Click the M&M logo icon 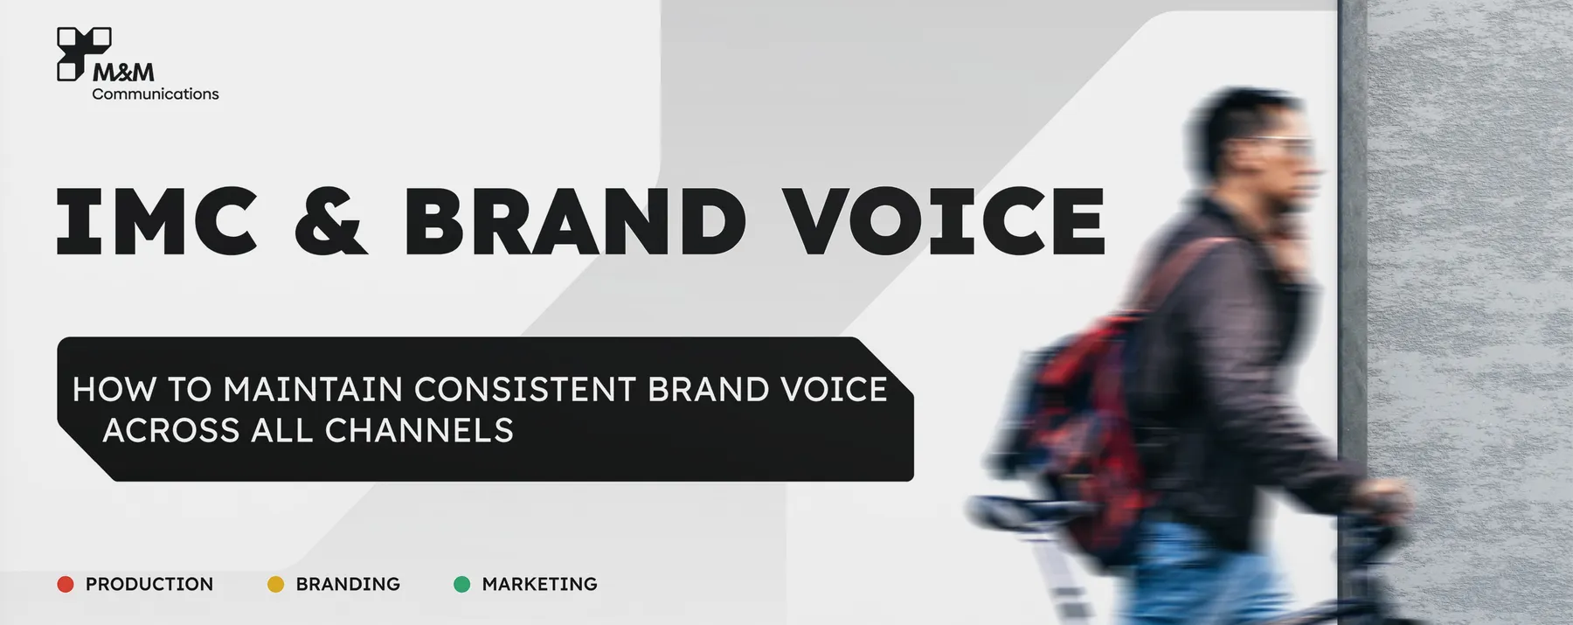(84, 53)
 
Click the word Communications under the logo (156, 94)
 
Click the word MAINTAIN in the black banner (313, 390)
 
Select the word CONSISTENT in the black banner (524, 390)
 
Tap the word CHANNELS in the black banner (419, 431)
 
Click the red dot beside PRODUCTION (66, 584)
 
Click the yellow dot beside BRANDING (275, 584)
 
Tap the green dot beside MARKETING (462, 584)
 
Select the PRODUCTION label (149, 584)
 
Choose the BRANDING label (348, 584)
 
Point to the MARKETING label (540, 584)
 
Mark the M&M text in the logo (123, 72)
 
